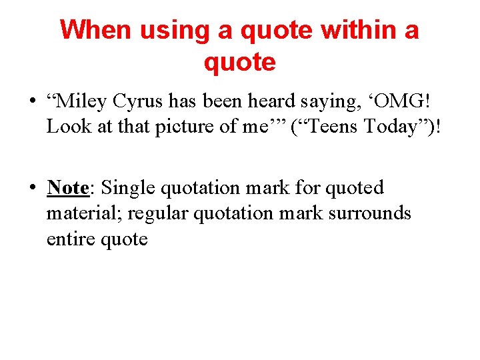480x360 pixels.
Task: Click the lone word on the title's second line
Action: pos(239,62)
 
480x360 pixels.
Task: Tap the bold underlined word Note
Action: pos(67,188)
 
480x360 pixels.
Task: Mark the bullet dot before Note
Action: pos(33,189)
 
